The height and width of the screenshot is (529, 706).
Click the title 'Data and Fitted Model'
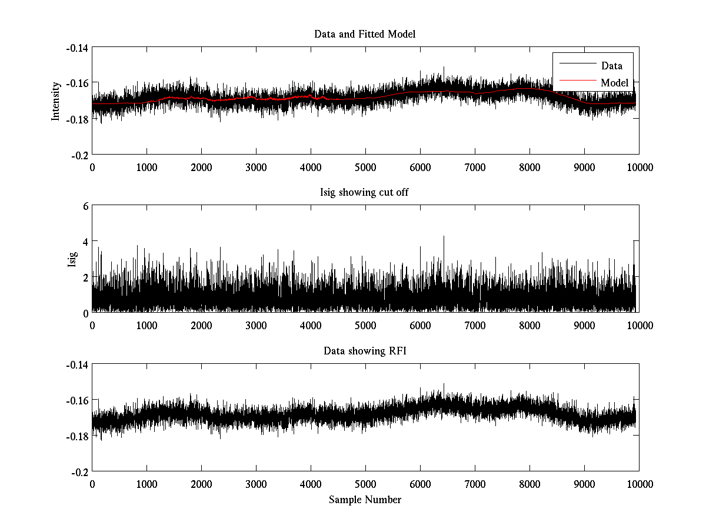[x=365, y=34]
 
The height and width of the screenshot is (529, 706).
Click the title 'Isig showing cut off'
[x=365, y=193]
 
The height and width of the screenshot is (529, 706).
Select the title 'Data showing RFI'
[x=365, y=351]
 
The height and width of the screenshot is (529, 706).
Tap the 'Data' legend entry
[x=611, y=65]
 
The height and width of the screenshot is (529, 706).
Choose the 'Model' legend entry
[x=614, y=82]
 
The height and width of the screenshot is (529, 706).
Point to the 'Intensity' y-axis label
[x=56, y=101]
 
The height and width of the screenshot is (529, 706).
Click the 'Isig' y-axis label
[x=72, y=259]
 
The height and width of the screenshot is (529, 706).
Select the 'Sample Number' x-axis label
[x=365, y=500]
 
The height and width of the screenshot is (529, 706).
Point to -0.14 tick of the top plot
[x=78, y=48]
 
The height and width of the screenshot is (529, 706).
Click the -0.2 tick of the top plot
[x=80, y=155]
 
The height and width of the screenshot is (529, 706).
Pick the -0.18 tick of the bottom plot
[x=78, y=436]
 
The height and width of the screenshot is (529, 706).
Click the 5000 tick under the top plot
[x=365, y=167]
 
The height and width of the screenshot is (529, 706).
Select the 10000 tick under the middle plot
[x=639, y=326]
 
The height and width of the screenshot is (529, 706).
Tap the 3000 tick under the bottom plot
[x=256, y=484]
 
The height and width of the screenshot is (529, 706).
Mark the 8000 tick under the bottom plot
[x=529, y=484]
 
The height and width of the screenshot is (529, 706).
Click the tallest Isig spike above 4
[x=444, y=237]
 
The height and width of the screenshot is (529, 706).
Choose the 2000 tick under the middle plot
[x=201, y=326]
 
